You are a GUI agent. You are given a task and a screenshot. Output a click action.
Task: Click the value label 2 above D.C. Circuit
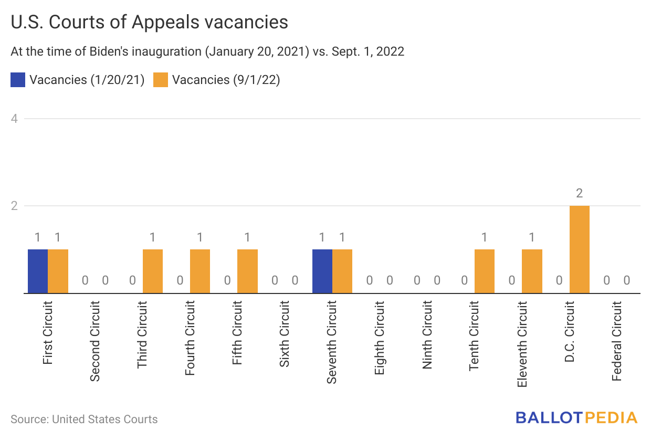click(x=579, y=193)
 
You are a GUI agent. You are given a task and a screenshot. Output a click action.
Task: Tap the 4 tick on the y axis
click(x=15, y=119)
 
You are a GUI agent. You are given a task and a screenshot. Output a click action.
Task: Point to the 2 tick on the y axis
click(x=15, y=206)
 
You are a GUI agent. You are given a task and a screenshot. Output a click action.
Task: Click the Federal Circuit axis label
click(x=617, y=341)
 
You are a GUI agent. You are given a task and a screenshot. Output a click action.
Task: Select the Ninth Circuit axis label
click(x=427, y=334)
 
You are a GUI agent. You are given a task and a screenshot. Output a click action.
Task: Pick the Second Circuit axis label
click(x=95, y=341)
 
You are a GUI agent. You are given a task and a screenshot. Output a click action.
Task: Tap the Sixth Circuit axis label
click(x=285, y=334)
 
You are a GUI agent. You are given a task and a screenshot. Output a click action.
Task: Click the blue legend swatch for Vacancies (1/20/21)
click(x=18, y=80)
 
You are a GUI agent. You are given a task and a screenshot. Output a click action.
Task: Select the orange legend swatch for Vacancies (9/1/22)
click(x=161, y=80)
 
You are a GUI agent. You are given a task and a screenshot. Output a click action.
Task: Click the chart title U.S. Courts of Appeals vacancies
click(x=150, y=22)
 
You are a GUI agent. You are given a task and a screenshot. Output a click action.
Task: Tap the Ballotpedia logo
click(x=576, y=418)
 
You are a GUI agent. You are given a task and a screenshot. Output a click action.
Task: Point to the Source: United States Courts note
click(x=84, y=419)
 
